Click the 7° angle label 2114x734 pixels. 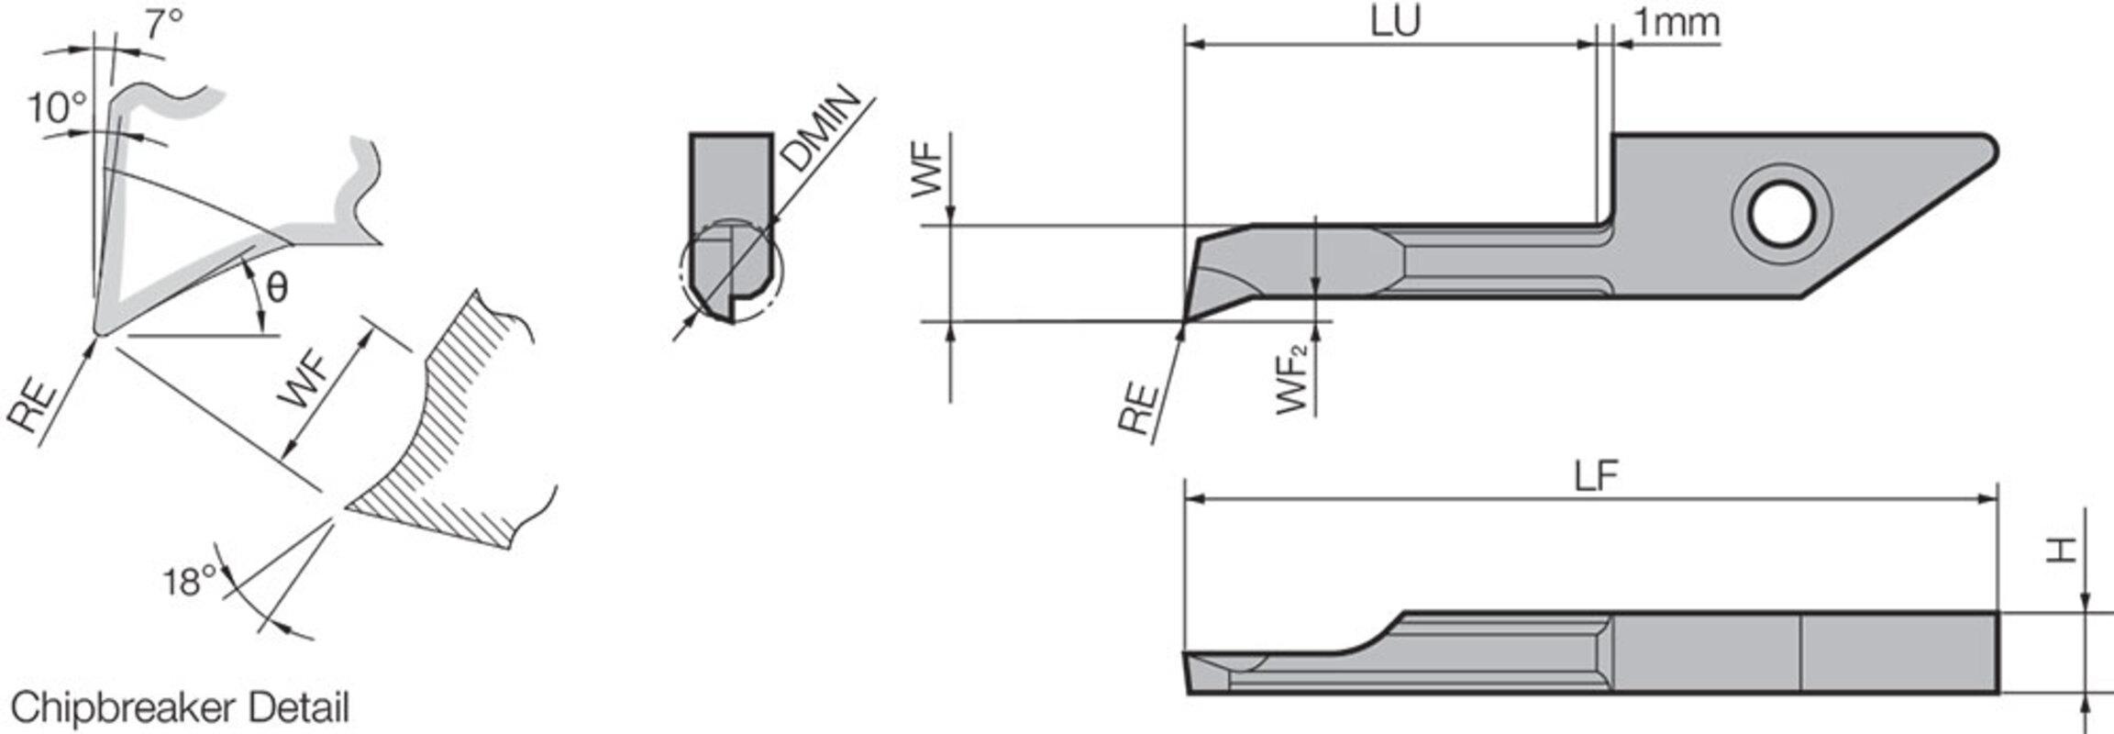[x=163, y=26]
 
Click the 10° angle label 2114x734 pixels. [x=56, y=108]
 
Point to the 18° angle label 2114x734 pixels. [x=190, y=582]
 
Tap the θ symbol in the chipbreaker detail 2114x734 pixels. [x=276, y=288]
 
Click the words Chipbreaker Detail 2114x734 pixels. [x=180, y=708]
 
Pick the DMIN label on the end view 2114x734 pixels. [x=823, y=129]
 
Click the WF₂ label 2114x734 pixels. [x=1292, y=378]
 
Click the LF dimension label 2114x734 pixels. [x=1596, y=476]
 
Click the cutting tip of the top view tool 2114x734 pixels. [x=1184, y=320]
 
